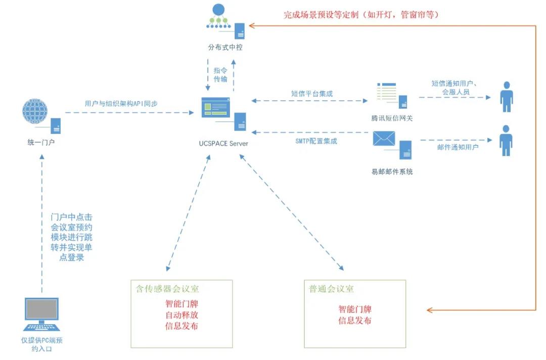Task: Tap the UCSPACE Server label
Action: pos(223,144)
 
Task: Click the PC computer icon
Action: pos(41,316)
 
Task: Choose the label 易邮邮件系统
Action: pos(392,171)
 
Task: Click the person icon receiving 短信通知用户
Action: pos(506,97)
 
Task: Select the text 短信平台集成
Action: pos(312,94)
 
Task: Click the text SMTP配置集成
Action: pos(316,141)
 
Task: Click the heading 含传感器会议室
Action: pos(167,289)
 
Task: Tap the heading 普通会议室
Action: pos(332,289)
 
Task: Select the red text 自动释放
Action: pos(181,315)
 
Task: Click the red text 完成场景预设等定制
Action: pos(361,15)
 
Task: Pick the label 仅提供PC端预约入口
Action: pos(42,344)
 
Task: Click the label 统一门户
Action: pos(41,143)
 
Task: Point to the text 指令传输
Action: pos(220,75)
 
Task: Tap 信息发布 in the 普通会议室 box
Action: pos(355,321)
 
